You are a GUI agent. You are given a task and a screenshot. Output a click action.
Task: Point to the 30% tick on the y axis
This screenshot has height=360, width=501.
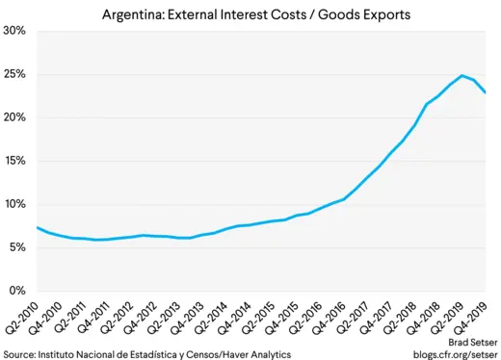(x=13, y=31)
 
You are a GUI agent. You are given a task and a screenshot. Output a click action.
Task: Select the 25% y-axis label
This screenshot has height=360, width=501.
(x=13, y=74)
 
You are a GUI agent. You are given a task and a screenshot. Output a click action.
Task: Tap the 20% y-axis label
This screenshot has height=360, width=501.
(x=13, y=117)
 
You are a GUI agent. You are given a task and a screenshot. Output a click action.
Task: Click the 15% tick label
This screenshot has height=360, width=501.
(x=13, y=161)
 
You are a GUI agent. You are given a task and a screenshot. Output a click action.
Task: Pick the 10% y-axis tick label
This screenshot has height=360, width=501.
(x=13, y=204)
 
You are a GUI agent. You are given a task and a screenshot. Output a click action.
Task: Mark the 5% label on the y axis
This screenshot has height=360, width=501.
(x=16, y=247)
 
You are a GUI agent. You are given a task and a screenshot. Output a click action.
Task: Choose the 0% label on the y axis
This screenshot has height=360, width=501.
(x=16, y=291)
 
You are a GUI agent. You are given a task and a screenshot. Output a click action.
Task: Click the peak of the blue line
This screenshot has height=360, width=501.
(x=462, y=75)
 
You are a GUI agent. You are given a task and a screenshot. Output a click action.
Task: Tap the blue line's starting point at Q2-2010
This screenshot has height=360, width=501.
(x=37, y=227)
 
